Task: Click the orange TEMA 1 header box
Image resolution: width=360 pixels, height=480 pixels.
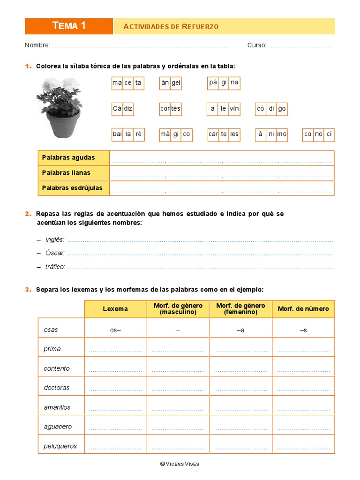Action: click(69, 26)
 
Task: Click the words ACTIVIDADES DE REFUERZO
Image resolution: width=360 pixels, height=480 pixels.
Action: click(171, 27)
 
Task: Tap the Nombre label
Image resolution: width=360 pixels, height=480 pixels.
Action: click(37, 45)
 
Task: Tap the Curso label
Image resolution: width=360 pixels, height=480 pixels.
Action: click(257, 45)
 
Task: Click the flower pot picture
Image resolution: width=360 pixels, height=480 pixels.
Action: click(59, 107)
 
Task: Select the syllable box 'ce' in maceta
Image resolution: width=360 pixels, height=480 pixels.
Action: click(128, 83)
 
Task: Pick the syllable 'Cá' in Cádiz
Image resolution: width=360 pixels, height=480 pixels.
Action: click(117, 109)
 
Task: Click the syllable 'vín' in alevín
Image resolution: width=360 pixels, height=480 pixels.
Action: click(234, 109)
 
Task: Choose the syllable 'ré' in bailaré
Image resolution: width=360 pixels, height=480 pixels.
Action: click(139, 134)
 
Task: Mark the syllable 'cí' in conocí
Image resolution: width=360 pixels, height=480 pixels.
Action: click(329, 134)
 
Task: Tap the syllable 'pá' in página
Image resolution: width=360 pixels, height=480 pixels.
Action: click(213, 83)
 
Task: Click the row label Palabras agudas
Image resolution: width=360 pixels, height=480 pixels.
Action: click(68, 158)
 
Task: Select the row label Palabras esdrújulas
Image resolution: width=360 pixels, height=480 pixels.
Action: click(72, 188)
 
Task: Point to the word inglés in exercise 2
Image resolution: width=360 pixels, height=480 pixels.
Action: click(55, 240)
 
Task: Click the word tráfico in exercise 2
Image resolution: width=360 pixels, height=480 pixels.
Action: click(55, 267)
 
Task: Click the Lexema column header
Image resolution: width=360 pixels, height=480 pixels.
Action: click(115, 309)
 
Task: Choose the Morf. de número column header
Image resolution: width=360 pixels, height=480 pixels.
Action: click(303, 309)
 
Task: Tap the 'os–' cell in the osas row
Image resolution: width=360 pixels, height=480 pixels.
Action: click(115, 330)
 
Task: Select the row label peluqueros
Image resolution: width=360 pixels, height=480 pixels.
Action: click(60, 446)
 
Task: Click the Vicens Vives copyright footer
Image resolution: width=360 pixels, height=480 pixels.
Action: click(180, 464)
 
